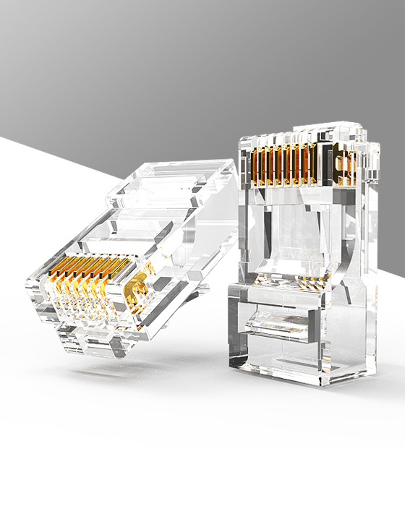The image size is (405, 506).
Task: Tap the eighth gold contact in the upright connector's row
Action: [x=315, y=164]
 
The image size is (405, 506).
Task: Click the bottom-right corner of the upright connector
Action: [x=373, y=376]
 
